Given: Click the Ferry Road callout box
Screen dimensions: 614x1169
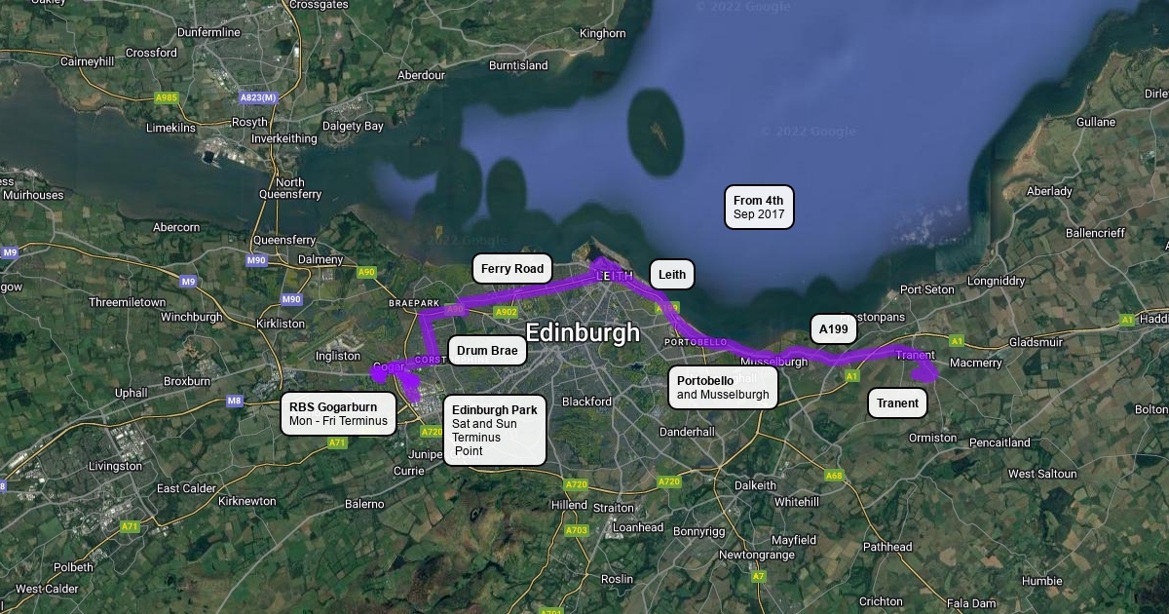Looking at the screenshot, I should pos(512,269).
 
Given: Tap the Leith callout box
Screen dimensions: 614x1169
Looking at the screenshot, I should pos(672,275).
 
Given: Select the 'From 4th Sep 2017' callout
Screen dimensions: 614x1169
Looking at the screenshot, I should pos(759,208).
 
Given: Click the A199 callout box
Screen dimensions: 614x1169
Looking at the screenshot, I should pos(833,329).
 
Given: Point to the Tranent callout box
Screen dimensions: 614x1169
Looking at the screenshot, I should pos(897,403).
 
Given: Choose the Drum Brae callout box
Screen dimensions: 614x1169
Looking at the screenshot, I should pos(487,351).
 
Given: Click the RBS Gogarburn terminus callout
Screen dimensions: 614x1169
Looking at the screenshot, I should pos(339,414).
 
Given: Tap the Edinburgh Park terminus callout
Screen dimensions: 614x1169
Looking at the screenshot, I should pos(495,431).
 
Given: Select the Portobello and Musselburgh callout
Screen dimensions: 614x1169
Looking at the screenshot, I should pos(723,388).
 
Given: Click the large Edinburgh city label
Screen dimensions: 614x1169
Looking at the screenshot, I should pos(583,332).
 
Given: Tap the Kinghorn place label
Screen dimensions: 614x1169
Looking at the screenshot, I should pos(603,33).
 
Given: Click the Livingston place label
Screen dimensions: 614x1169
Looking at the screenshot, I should pos(115,466).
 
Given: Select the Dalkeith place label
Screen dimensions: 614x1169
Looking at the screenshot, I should pos(755,484).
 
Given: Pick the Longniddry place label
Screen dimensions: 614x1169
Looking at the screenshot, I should pos(996,281).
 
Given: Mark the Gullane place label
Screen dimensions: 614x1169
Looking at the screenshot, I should pos(1096,122).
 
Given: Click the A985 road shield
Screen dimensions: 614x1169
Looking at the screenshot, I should pos(167,97).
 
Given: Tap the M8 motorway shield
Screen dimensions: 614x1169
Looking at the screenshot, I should pos(234,401).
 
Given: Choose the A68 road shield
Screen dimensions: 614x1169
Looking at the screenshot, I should pos(834,476).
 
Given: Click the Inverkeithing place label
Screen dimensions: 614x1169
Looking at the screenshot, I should pos(283,138).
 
